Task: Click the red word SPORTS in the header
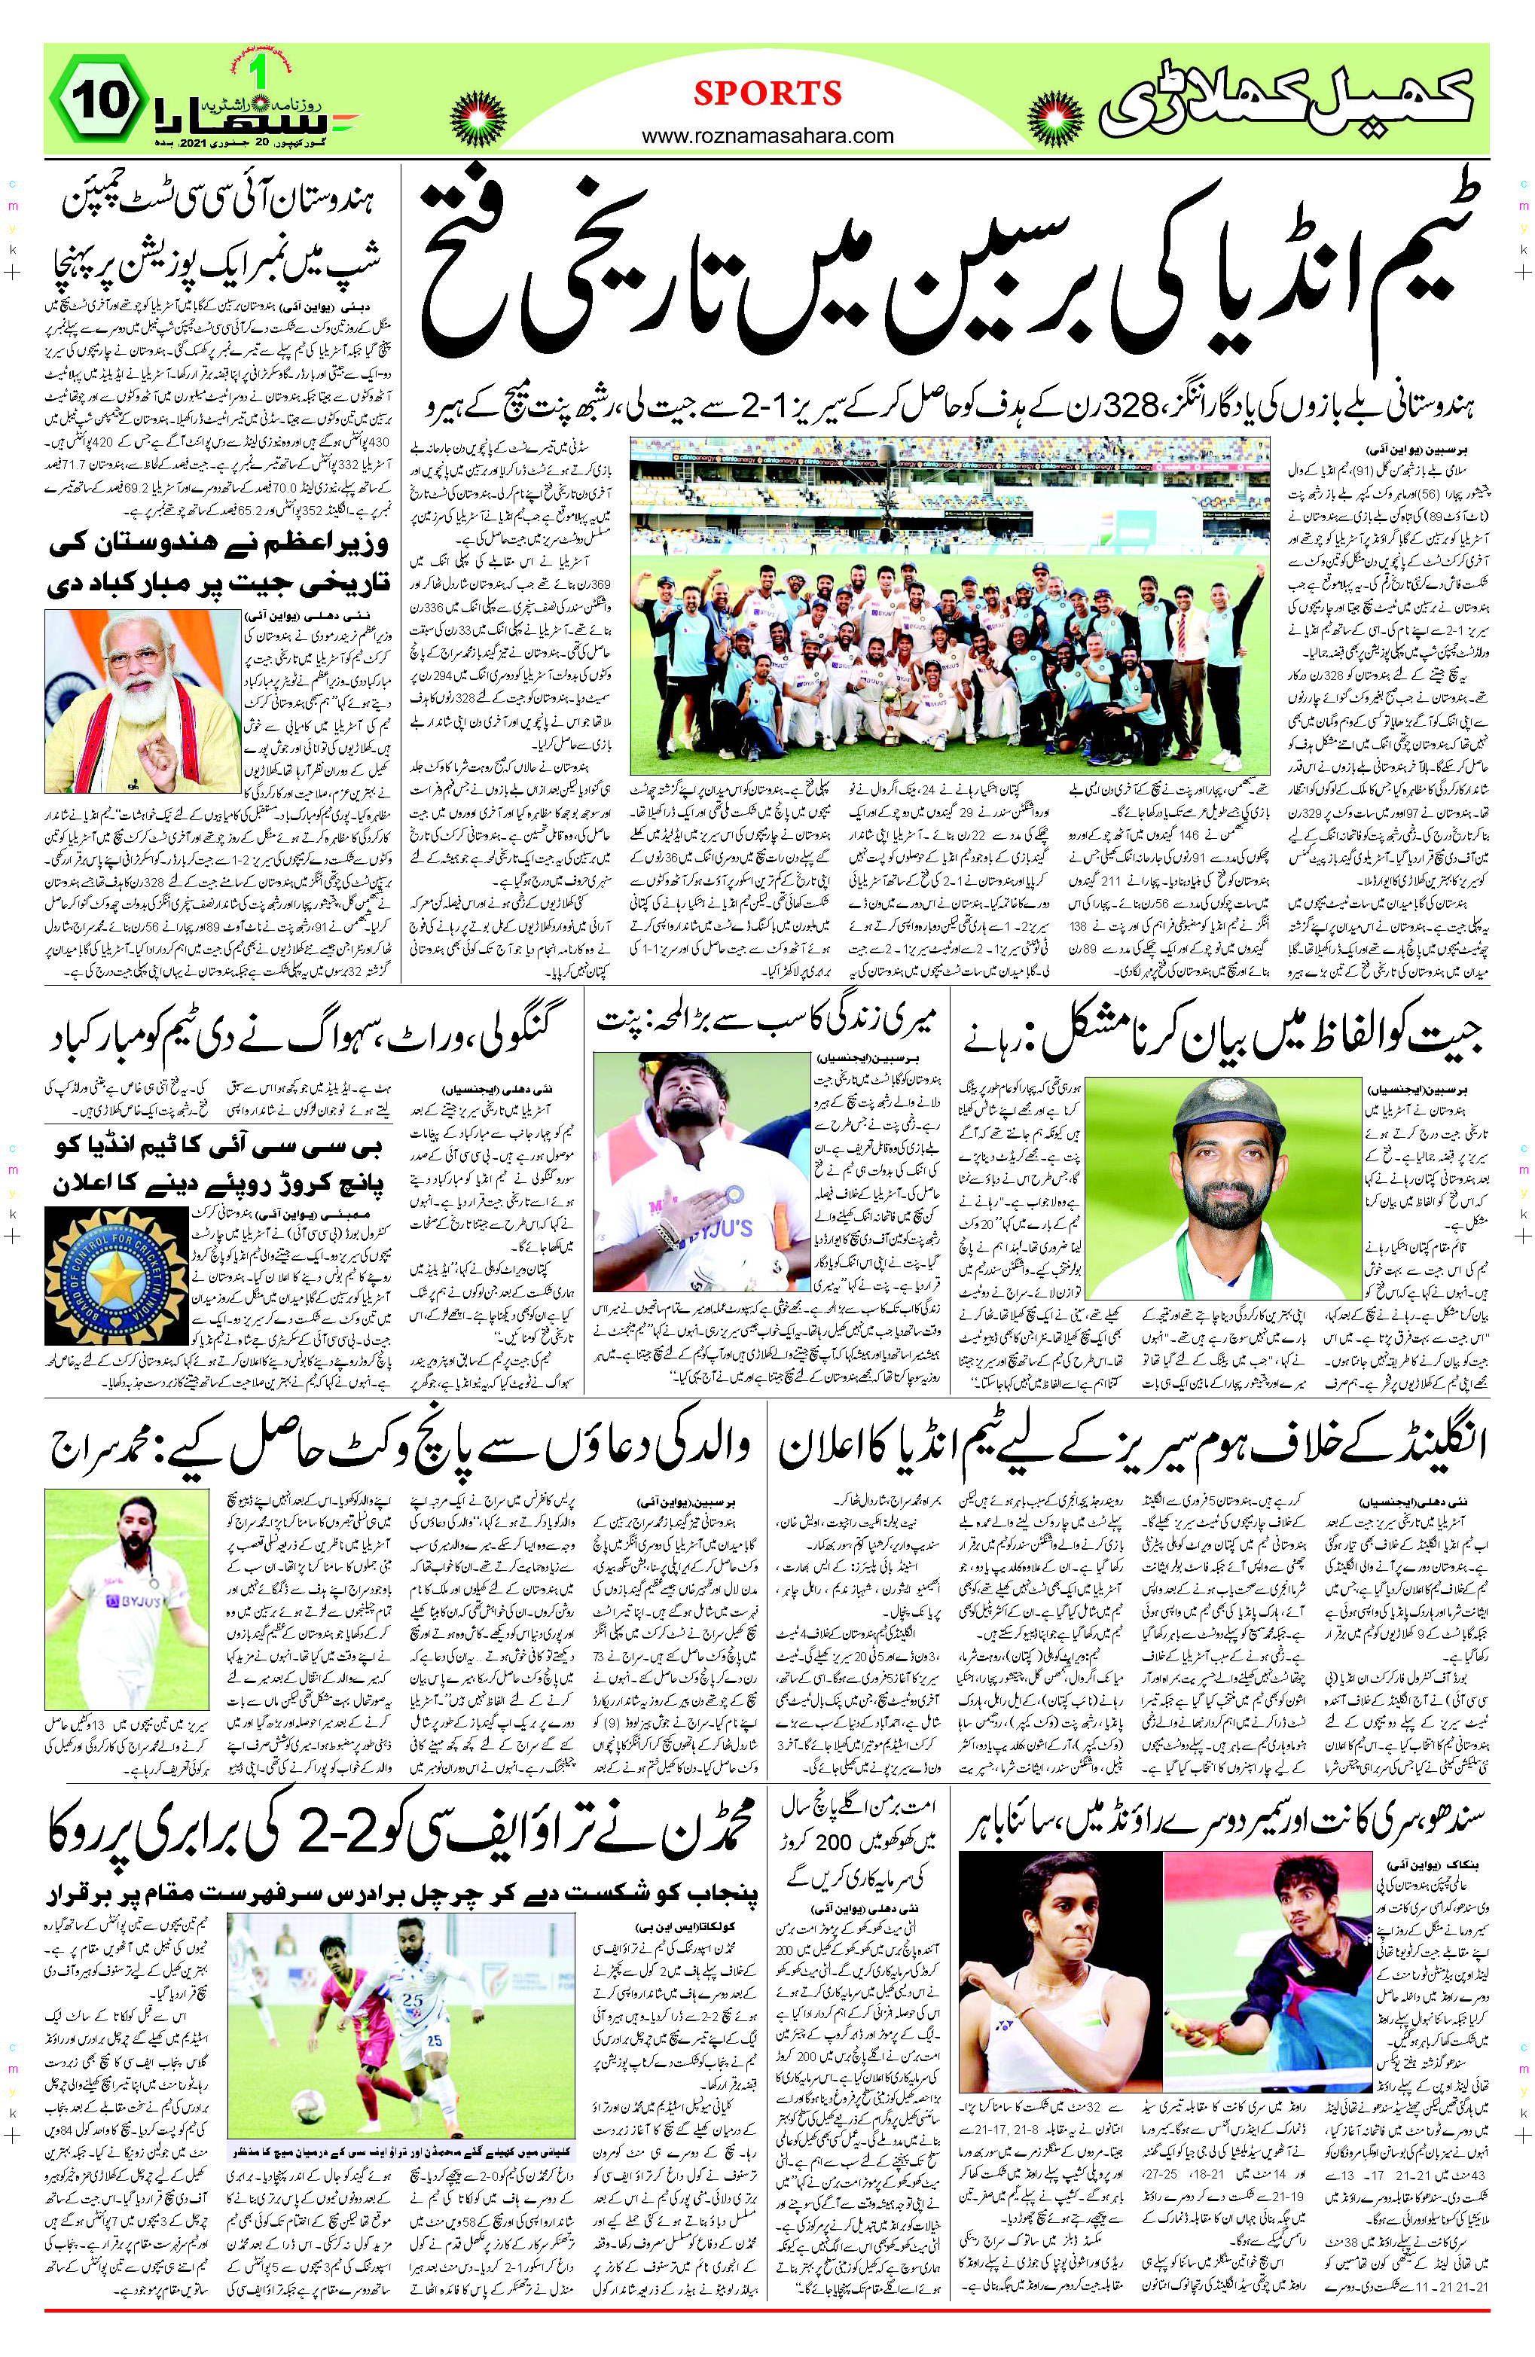[x=767, y=93]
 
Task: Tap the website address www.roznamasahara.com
[x=767, y=136]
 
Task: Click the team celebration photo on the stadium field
[x=949, y=606]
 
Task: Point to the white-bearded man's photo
[x=142, y=700]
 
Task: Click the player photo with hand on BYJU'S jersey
[x=700, y=1172]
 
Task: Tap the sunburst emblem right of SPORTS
[x=1057, y=117]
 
